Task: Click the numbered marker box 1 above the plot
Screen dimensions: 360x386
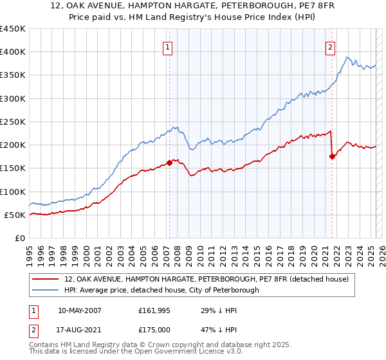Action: [167, 46]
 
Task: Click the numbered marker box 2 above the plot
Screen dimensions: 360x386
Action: [330, 46]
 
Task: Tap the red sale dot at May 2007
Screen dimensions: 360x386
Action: [170, 163]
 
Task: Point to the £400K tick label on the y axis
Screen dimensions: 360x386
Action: [13, 52]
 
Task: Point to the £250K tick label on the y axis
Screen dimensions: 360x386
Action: [13, 122]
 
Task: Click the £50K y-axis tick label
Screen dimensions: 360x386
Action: [15, 215]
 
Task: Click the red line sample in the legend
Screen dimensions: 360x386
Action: [46, 279]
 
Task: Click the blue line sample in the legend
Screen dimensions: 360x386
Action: [46, 290]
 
